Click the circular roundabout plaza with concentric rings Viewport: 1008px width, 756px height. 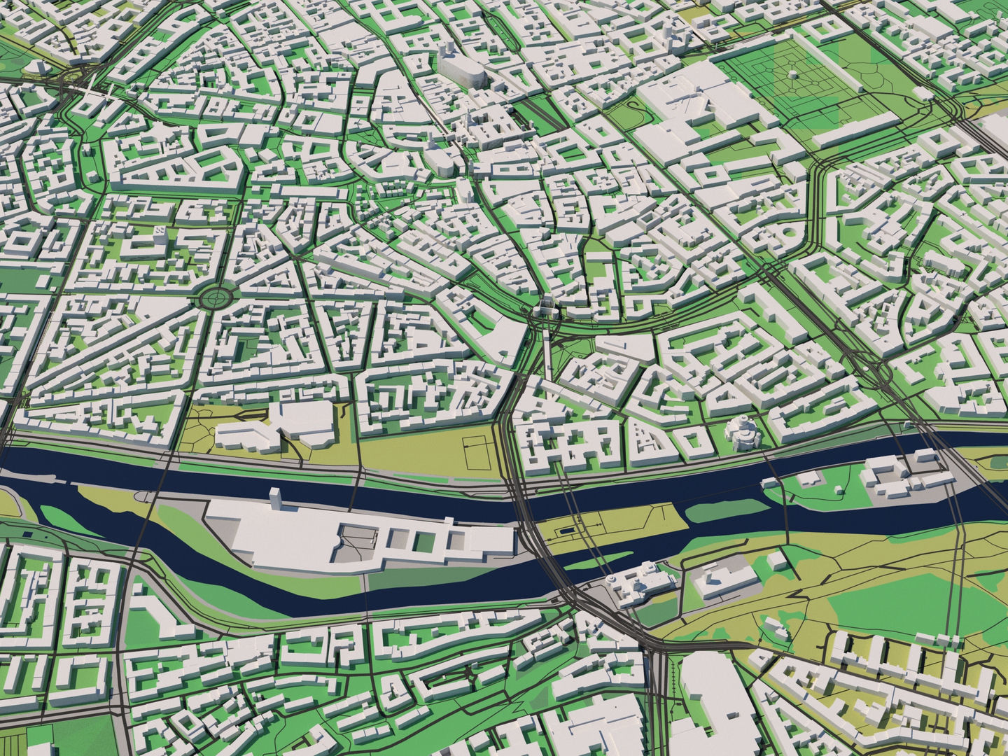(x=216, y=299)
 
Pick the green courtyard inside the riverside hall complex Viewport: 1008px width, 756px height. (x=423, y=540)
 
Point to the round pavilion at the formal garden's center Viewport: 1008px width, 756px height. (x=790, y=73)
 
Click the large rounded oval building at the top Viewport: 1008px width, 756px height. (x=462, y=69)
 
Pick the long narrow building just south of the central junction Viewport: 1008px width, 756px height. (x=546, y=350)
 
